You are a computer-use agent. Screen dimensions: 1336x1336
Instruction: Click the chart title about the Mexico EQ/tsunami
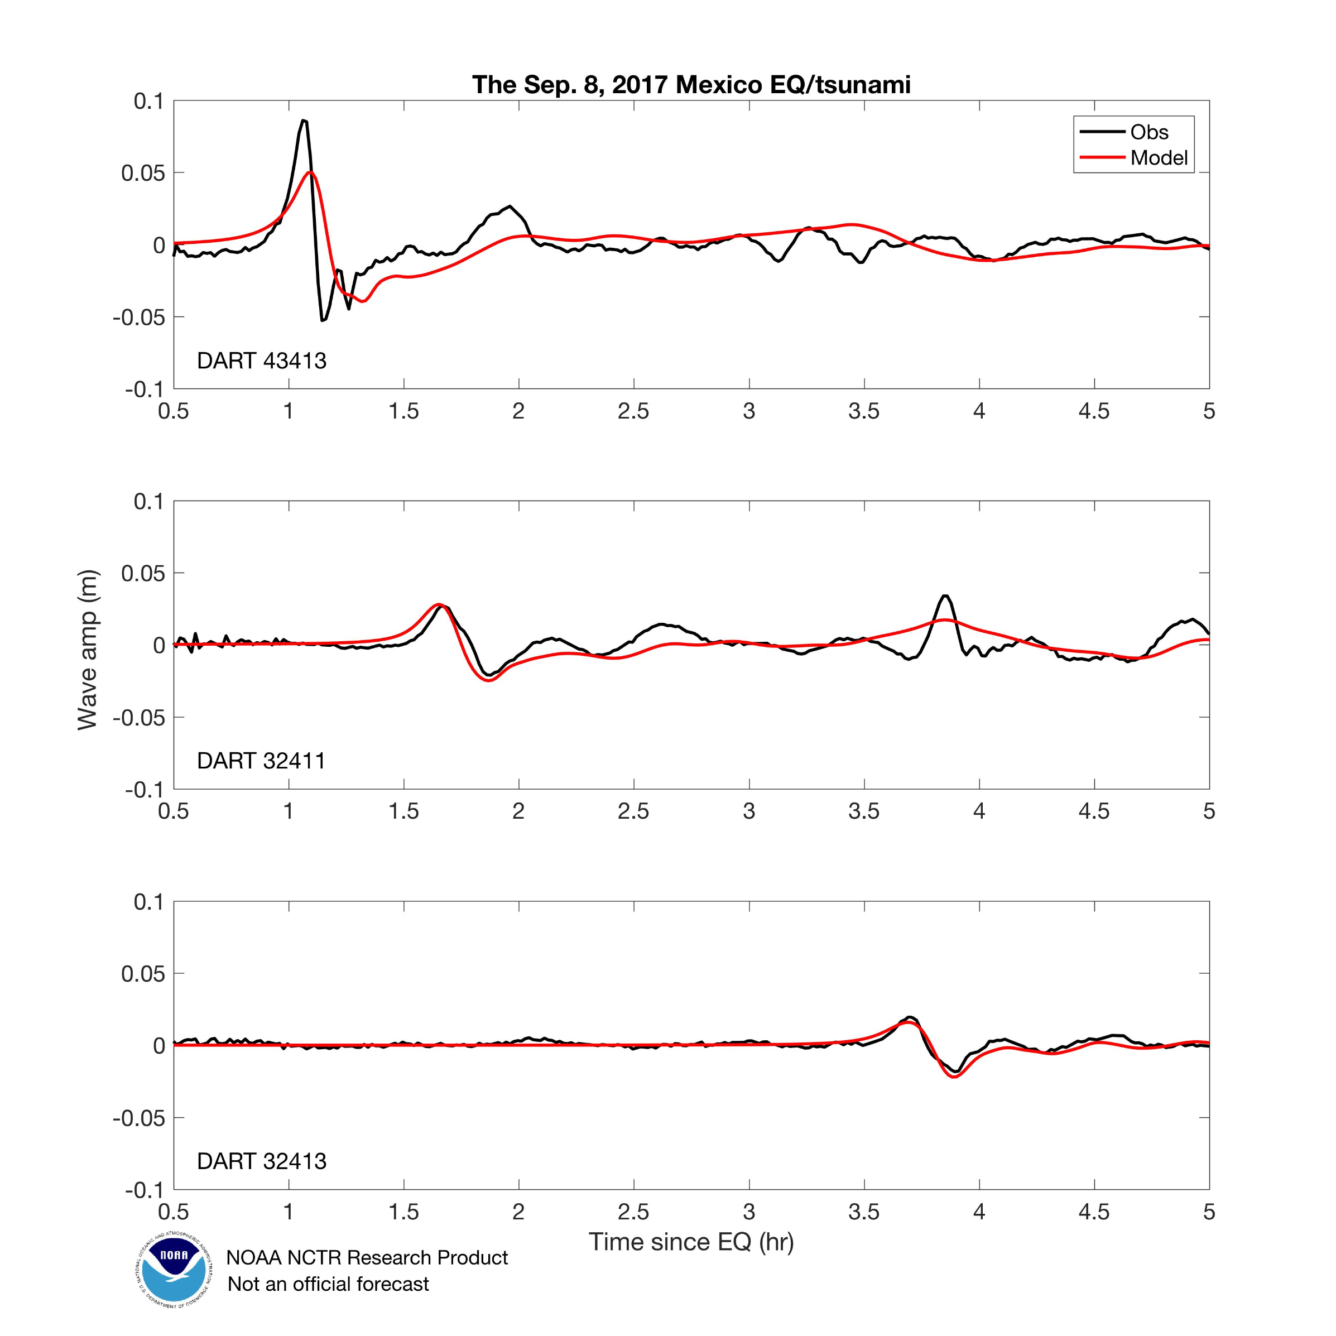tap(691, 84)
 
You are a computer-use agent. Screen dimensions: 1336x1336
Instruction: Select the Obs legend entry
tap(1148, 132)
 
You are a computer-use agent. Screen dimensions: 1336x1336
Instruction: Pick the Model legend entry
tap(1159, 158)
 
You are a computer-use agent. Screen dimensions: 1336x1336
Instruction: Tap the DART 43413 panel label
tap(261, 361)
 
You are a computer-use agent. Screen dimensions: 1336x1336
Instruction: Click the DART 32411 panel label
tap(261, 761)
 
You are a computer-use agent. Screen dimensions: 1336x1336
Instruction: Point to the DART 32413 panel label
tap(261, 1160)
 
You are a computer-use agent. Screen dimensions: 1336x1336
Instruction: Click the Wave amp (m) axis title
tap(88, 650)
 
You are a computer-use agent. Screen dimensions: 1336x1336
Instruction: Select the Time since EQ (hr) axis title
tap(691, 1242)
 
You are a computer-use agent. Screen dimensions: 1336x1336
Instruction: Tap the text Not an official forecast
tap(329, 1284)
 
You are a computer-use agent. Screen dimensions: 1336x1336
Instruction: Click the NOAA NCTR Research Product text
tap(367, 1257)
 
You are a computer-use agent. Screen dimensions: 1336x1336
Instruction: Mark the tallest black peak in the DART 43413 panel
tap(304, 121)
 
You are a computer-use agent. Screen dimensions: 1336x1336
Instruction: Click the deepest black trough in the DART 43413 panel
tap(322, 320)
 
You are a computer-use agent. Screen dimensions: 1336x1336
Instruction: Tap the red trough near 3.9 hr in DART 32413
tap(955, 1077)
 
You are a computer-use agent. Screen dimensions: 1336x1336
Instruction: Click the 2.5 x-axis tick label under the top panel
tap(633, 411)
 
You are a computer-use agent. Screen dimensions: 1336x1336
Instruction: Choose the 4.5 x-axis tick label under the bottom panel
tap(1094, 1212)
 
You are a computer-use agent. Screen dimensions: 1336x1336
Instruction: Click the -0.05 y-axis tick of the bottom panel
tap(139, 1117)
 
